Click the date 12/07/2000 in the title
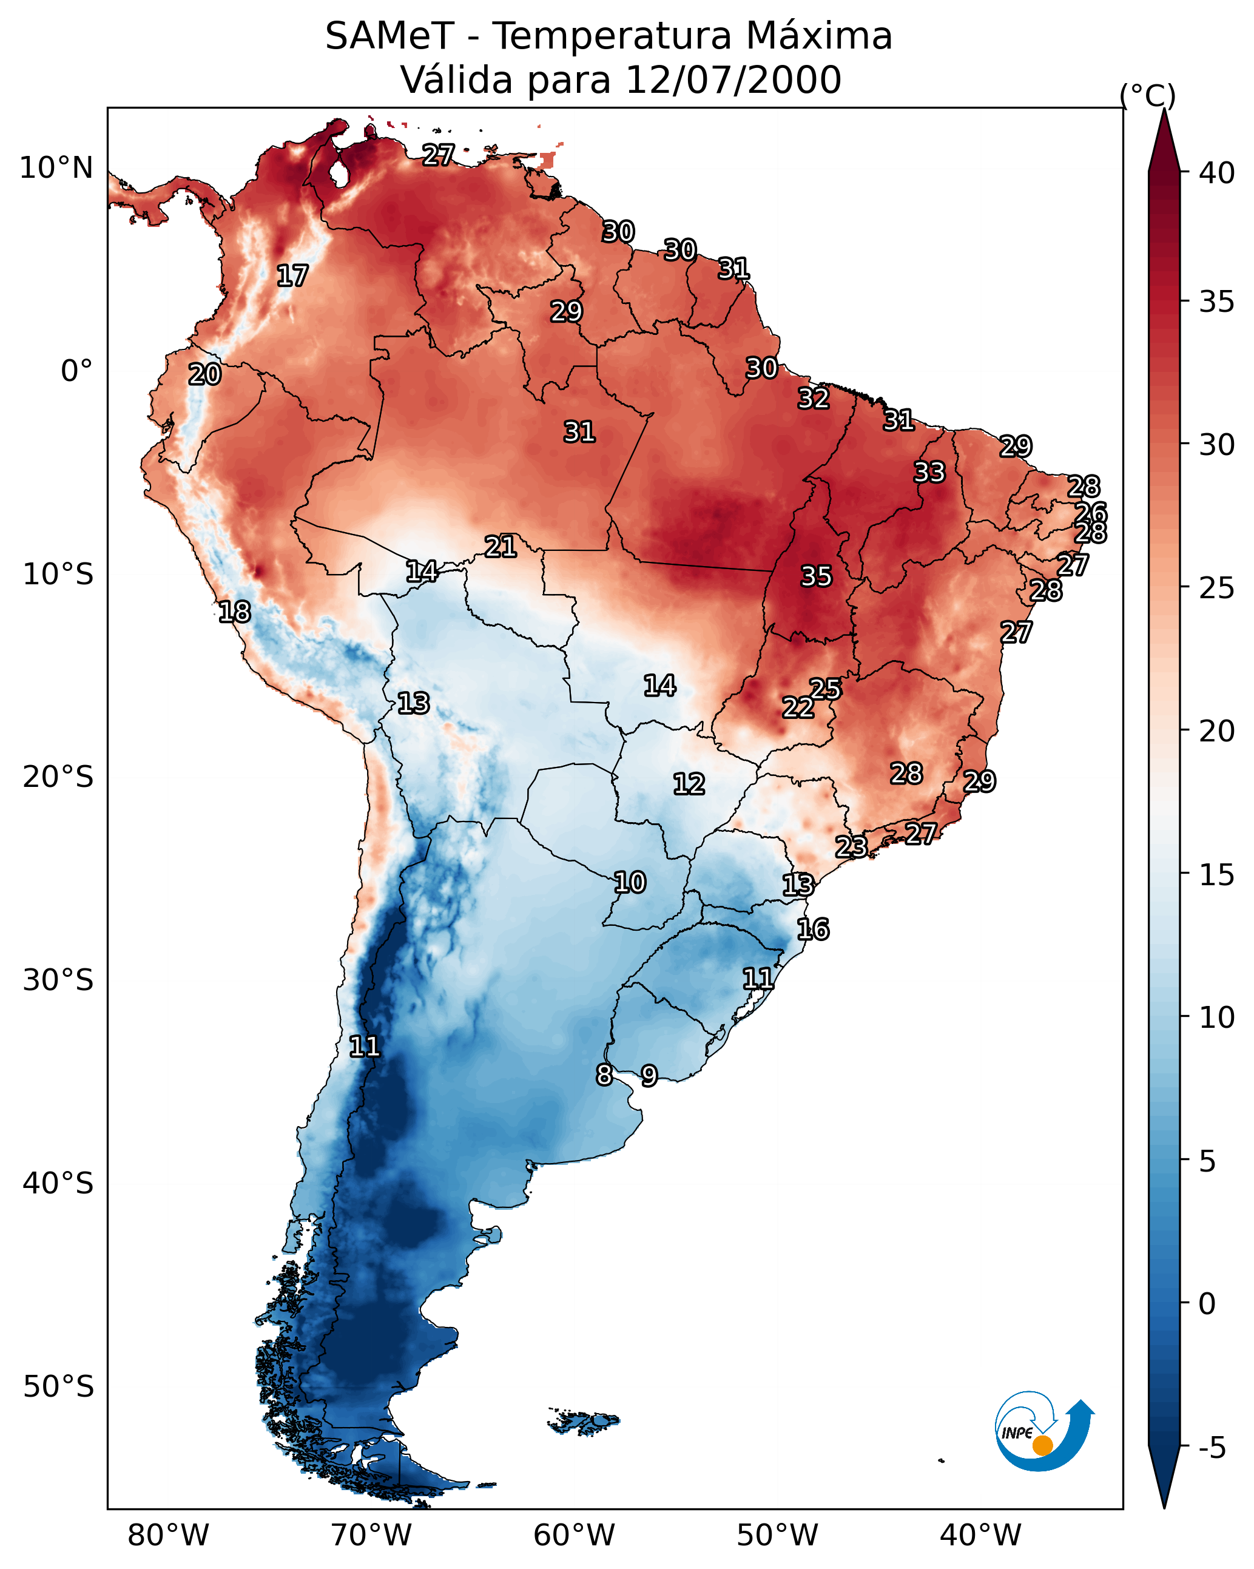pyautogui.click(x=732, y=80)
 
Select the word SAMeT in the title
pyautogui.click(x=389, y=36)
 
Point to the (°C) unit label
pyautogui.click(x=1147, y=95)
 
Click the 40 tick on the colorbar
pyautogui.click(x=1216, y=173)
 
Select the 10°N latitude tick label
pyautogui.click(x=56, y=168)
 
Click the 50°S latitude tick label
pyautogui.click(x=58, y=1387)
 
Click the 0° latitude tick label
pyautogui.click(x=76, y=371)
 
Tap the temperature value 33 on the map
pyautogui.click(x=929, y=472)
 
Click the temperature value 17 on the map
pyautogui.click(x=292, y=276)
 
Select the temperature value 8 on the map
pyautogui.click(x=604, y=1075)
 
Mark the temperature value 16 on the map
pyautogui.click(x=812, y=930)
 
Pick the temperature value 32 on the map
pyautogui.click(x=813, y=399)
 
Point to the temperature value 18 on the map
pyautogui.click(x=234, y=612)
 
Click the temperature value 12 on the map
pyautogui.click(x=689, y=784)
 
